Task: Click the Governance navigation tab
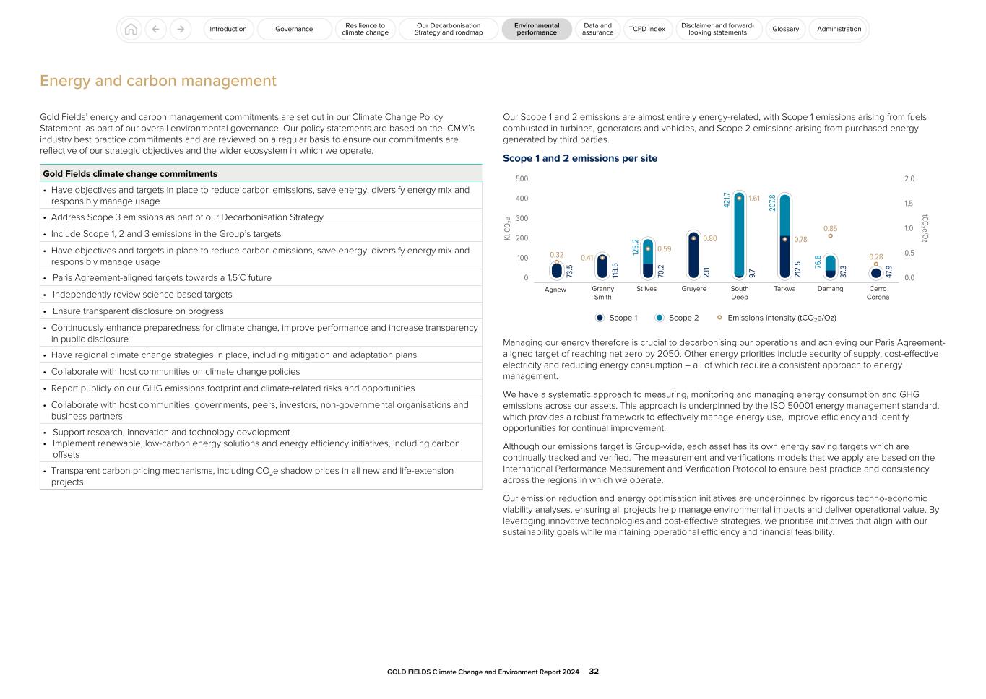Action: (294, 29)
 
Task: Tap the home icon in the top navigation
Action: (131, 29)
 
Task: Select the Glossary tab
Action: (785, 29)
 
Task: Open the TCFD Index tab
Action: (646, 29)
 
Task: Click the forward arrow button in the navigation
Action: (181, 29)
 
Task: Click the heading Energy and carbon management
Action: (157, 81)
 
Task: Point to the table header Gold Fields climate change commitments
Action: (130, 174)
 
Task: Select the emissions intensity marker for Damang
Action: (830, 236)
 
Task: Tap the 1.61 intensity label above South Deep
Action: (753, 199)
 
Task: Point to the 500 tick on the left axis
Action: (522, 178)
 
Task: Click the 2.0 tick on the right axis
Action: (909, 178)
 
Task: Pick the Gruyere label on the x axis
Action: (693, 289)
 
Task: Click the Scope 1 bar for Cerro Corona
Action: (876, 273)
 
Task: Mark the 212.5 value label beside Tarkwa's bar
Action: (797, 269)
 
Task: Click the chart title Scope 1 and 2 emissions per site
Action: (579, 158)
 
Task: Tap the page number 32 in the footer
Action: (594, 672)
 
